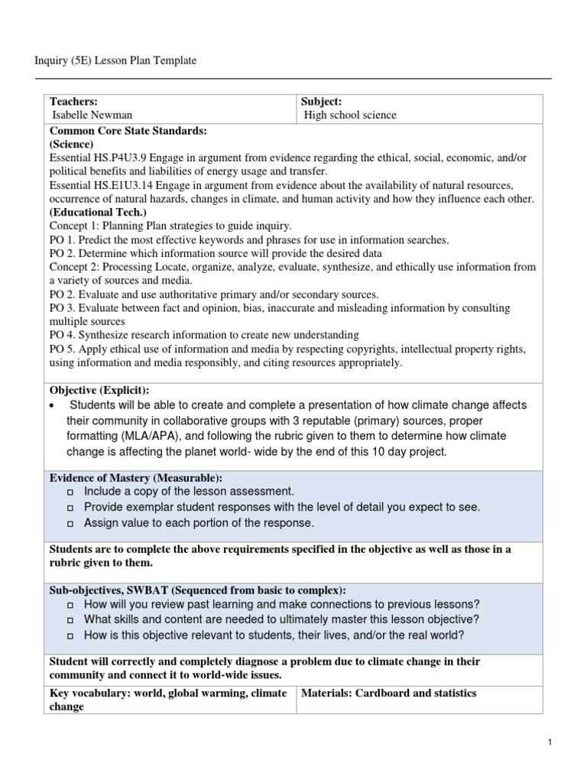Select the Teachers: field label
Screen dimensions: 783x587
(73, 102)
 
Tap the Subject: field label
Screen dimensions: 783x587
(321, 102)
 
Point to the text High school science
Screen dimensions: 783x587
(350, 115)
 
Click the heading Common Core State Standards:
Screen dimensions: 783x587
(128, 131)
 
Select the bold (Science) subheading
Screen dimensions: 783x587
(72, 144)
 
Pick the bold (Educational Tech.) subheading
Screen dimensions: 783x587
(98, 213)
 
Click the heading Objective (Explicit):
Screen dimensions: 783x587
(99, 390)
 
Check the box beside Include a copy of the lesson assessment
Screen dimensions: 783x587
(70, 492)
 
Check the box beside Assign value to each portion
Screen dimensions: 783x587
(70, 525)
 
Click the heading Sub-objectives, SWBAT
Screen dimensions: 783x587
(197, 590)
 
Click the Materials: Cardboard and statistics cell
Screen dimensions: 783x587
(389, 694)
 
